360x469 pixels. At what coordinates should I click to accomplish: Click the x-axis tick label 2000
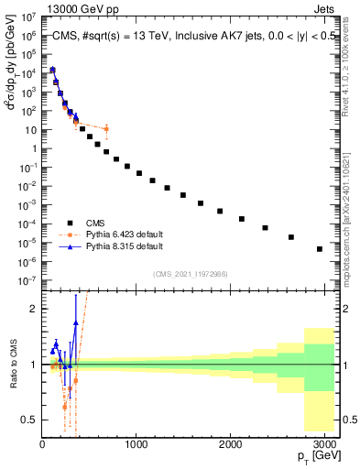point(231,446)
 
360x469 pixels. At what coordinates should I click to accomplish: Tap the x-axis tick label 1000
point(136,446)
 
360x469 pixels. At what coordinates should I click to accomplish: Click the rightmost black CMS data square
point(319,248)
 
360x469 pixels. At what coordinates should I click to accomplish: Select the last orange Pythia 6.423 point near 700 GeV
point(106,128)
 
